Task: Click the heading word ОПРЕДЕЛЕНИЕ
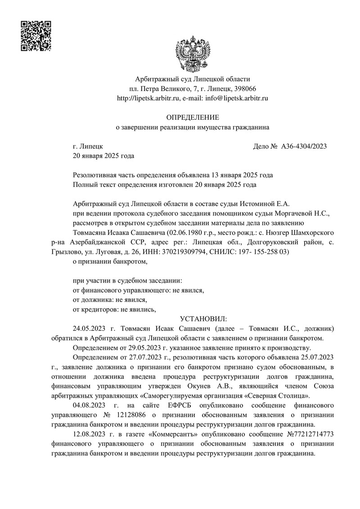[193, 117]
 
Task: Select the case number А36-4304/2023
[304, 146]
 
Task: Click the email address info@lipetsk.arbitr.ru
[237, 98]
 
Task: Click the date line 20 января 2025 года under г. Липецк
[103, 156]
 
